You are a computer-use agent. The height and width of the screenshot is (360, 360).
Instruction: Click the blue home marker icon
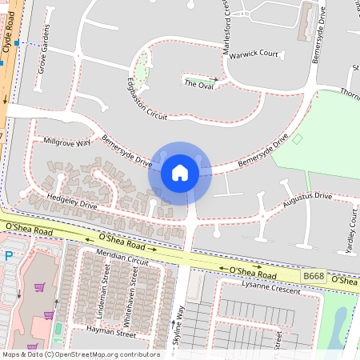tap(179, 172)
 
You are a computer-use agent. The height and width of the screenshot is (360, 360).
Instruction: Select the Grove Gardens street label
tap(42, 54)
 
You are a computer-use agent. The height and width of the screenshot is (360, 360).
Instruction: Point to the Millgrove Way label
tap(67, 142)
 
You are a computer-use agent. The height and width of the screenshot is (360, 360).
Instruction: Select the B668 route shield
tap(314, 276)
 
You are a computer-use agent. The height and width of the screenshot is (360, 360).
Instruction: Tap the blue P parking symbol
tap(9, 257)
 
